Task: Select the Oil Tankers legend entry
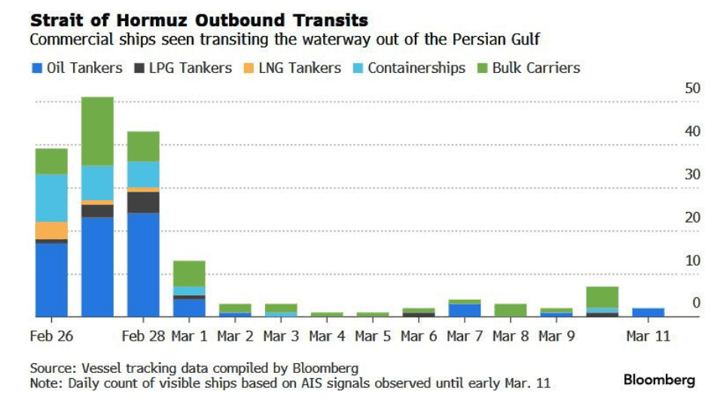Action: [x=76, y=68]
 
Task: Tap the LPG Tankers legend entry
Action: [x=183, y=68]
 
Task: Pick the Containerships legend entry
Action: [x=409, y=68]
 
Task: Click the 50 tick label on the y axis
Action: [x=692, y=88]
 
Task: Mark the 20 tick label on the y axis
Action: [x=692, y=217]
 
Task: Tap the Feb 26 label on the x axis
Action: [x=51, y=336]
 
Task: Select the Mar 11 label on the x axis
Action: [x=648, y=336]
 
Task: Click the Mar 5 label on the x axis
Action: [x=373, y=336]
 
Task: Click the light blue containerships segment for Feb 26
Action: [x=51, y=198]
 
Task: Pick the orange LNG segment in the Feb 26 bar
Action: [x=51, y=230]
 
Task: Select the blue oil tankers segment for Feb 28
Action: [x=143, y=265]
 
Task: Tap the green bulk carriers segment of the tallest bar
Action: [x=97, y=131]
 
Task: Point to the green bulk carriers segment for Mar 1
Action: [x=189, y=273]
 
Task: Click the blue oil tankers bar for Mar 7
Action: [x=465, y=311]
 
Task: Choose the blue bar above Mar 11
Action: [x=648, y=313]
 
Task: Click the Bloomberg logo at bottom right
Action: [x=659, y=380]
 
